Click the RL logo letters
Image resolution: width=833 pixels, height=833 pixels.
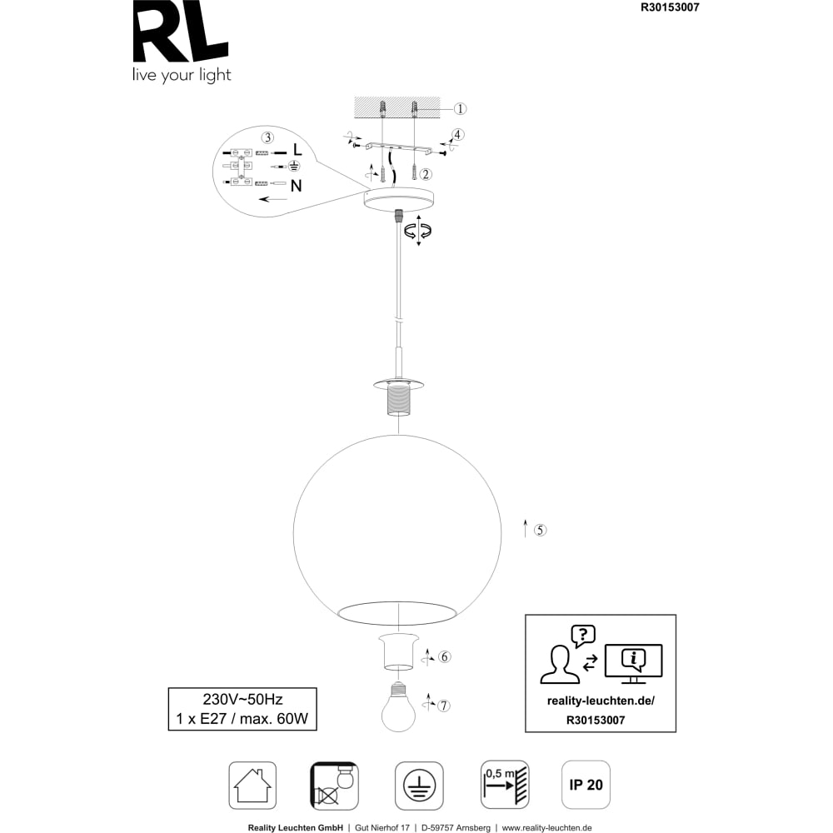pos(181,31)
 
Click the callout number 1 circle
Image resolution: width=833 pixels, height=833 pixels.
pos(460,109)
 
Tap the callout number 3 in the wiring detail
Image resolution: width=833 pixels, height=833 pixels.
pos(267,137)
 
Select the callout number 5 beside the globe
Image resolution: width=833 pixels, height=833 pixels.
pos(540,530)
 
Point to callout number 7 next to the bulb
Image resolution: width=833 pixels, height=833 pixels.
pos(444,706)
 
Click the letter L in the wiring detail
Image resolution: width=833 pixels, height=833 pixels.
pos(297,149)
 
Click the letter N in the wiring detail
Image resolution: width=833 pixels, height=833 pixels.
pos(297,186)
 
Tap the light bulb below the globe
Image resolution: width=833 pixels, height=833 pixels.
pos(398,706)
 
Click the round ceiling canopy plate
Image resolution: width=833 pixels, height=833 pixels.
pos(398,198)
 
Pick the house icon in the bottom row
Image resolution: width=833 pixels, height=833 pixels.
pos(253,786)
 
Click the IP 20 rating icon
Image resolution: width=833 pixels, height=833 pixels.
pos(586,785)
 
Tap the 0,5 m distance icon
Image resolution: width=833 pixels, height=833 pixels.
pos(506,785)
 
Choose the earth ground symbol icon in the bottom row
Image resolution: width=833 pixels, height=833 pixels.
pos(419,786)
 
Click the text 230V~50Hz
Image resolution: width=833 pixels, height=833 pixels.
pos(242,699)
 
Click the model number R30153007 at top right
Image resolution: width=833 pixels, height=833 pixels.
pos(670,7)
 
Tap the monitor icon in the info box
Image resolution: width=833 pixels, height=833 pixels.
pos(634,664)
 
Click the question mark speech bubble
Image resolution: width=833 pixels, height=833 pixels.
pos(583,636)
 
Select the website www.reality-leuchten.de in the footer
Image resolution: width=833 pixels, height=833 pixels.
pos(546,828)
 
